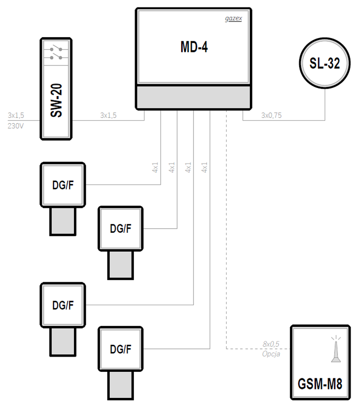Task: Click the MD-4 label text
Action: tap(194, 47)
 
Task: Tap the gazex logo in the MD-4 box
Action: tap(234, 18)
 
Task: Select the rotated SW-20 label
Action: tap(56, 101)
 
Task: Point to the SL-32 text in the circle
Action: tap(325, 63)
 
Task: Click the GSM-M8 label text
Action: tap(320, 384)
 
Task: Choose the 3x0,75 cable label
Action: tap(272, 115)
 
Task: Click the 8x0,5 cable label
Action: tap(271, 344)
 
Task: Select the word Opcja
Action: tap(271, 354)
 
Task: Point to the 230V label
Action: tap(16, 126)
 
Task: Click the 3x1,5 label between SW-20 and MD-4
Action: tap(108, 115)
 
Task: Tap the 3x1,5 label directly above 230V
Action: tap(16, 115)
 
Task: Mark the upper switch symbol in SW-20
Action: tap(56, 48)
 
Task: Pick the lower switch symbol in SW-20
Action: tap(56, 56)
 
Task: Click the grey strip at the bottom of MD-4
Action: tap(193, 97)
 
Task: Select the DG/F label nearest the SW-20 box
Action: tap(63, 185)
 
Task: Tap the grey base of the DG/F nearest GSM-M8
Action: tap(121, 385)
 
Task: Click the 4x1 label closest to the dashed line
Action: tap(204, 167)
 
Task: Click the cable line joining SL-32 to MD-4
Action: tap(284, 121)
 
